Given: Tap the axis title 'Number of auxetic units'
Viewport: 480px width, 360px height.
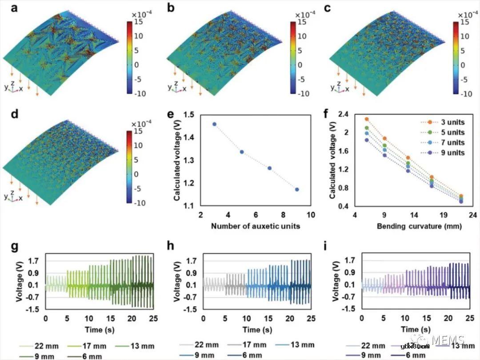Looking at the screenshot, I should [255, 226].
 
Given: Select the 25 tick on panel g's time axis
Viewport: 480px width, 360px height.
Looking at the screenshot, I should [153, 319].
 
